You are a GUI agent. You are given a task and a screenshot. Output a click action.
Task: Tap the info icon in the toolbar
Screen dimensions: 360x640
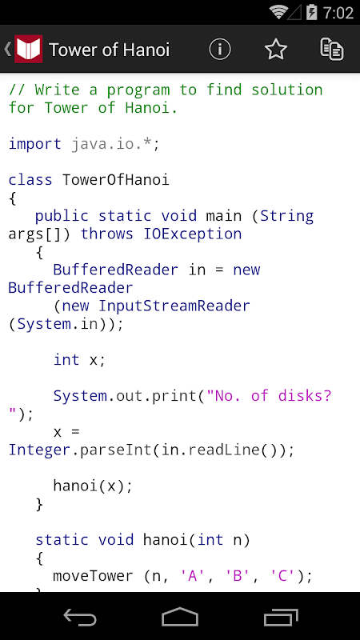(220, 50)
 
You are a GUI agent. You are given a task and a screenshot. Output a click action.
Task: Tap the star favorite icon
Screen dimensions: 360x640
(276, 50)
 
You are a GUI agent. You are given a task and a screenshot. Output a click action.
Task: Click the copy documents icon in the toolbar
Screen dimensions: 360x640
(332, 50)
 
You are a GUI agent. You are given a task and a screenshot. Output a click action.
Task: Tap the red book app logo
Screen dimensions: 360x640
(29, 50)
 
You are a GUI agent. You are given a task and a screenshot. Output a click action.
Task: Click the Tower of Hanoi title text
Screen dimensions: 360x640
(110, 50)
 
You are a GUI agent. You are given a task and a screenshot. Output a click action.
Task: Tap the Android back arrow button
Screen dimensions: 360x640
(80, 617)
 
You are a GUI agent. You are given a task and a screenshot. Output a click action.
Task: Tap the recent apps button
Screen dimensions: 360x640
(281, 617)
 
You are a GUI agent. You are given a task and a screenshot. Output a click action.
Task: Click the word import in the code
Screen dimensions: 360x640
(35, 144)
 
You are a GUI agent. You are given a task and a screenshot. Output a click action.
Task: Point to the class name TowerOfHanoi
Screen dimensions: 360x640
(115, 180)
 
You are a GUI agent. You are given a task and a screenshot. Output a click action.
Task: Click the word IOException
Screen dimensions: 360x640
(193, 234)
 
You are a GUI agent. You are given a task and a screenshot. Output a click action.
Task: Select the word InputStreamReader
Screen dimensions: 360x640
(174, 306)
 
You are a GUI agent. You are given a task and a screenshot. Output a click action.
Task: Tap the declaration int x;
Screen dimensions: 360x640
(79, 359)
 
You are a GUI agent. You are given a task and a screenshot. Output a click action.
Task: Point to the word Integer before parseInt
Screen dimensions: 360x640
(39, 450)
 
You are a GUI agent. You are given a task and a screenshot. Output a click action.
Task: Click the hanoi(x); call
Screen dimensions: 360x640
(93, 486)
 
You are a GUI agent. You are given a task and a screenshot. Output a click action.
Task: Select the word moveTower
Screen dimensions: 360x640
(93, 576)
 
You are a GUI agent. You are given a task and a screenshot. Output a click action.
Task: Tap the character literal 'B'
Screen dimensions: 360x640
(238, 576)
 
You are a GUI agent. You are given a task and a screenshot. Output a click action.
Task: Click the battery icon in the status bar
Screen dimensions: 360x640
(311, 13)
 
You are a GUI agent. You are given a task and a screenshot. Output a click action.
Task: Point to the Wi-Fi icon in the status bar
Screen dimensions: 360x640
(278, 13)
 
